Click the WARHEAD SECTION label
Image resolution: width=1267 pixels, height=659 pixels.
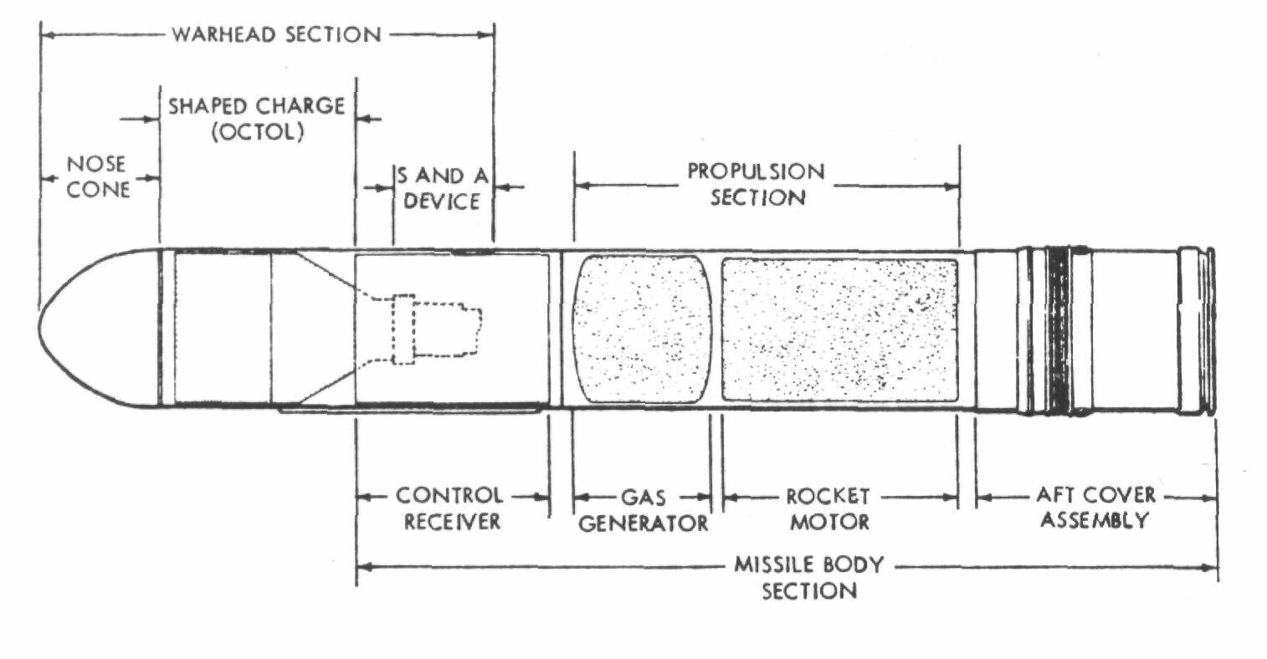(277, 34)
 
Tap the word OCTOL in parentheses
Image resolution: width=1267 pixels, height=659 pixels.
(258, 132)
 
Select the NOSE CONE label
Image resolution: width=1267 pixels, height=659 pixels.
(97, 177)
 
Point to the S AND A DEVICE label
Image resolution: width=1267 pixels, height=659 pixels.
(443, 188)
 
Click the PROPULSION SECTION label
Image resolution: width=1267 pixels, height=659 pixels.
(757, 184)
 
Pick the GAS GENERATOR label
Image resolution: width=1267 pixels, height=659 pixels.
(643, 510)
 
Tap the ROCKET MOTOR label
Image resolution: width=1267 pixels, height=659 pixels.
(828, 508)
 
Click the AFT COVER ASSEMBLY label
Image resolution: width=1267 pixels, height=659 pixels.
(1095, 507)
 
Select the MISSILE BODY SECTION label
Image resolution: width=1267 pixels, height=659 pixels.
(809, 578)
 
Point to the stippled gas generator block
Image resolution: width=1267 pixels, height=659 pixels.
(642, 329)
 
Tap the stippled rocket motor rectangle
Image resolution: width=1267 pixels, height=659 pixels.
(840, 330)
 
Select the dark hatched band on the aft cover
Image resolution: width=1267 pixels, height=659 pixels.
(1059, 331)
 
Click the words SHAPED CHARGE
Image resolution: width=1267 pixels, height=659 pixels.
(256, 106)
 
